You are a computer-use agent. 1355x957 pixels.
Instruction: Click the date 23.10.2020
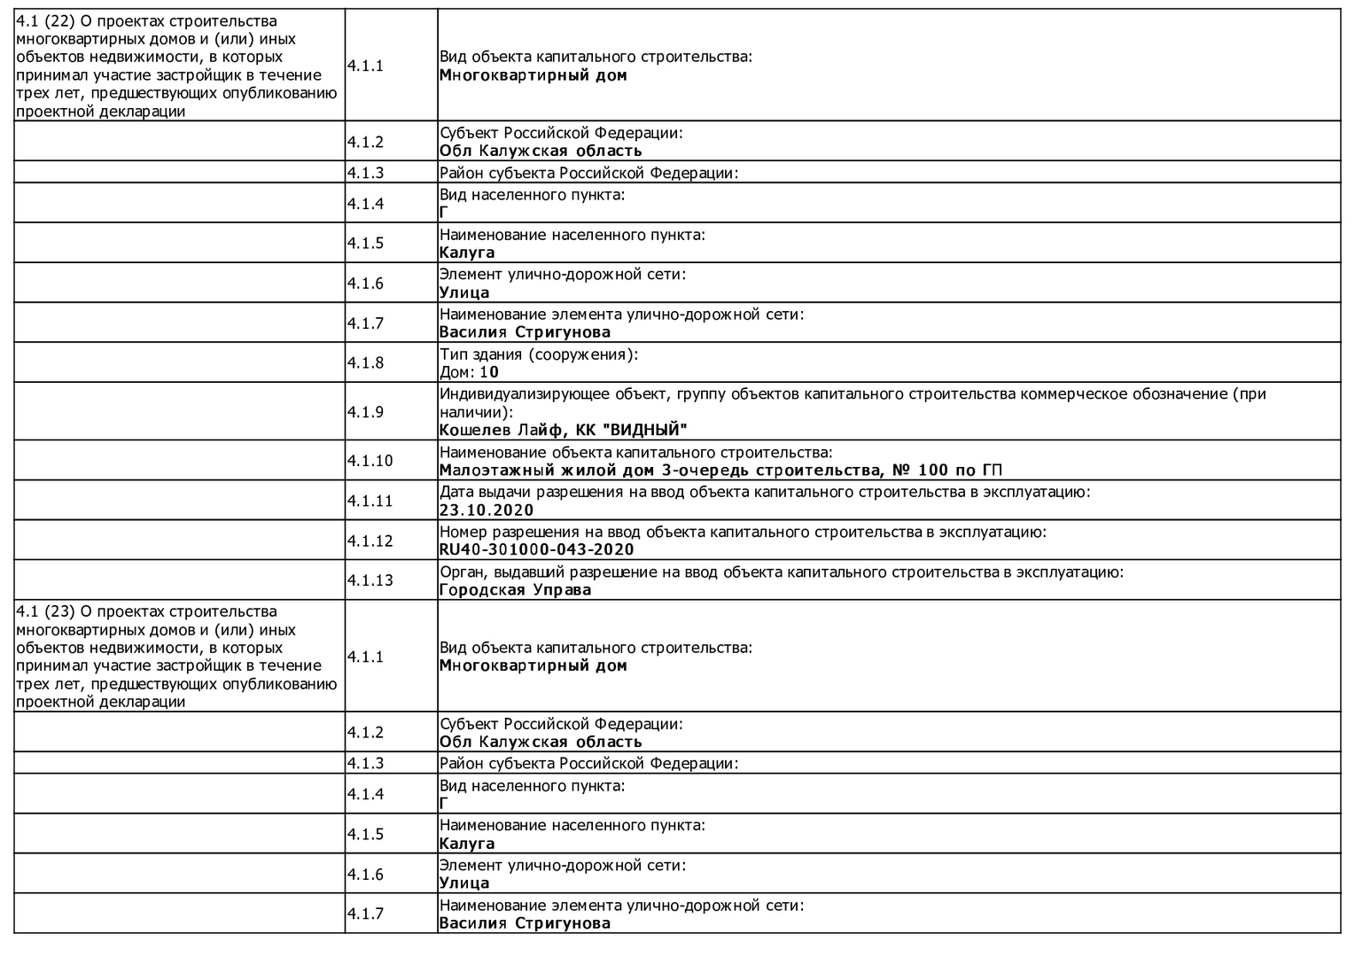(x=487, y=510)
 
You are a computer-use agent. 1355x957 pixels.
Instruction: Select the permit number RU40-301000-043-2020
(x=536, y=549)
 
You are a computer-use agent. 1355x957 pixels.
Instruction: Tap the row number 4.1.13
(x=370, y=580)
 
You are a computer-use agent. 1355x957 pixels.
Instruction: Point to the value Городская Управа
(x=515, y=589)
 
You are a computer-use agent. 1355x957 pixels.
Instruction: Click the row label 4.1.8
(x=365, y=362)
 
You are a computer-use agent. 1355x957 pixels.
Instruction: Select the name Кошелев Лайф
(x=502, y=430)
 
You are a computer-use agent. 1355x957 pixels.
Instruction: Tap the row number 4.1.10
(x=370, y=461)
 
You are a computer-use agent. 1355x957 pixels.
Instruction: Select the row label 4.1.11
(x=370, y=501)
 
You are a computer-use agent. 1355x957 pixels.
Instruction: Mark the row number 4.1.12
(x=370, y=541)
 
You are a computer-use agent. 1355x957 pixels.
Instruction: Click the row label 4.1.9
(x=365, y=412)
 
